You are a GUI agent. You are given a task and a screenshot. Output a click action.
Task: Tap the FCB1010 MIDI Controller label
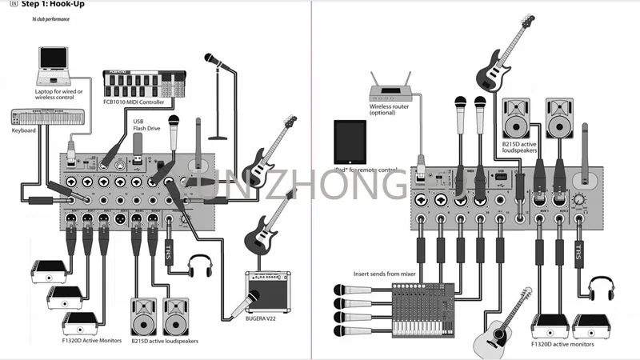pyautogui.click(x=135, y=102)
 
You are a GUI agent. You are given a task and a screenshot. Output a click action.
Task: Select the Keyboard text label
pyautogui.click(x=24, y=130)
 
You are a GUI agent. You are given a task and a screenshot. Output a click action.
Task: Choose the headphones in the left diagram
pyautogui.click(x=199, y=266)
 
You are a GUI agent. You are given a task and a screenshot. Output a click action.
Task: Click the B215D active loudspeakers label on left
pyautogui.click(x=166, y=341)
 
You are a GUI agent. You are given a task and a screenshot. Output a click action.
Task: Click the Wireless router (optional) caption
pyautogui.click(x=390, y=109)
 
